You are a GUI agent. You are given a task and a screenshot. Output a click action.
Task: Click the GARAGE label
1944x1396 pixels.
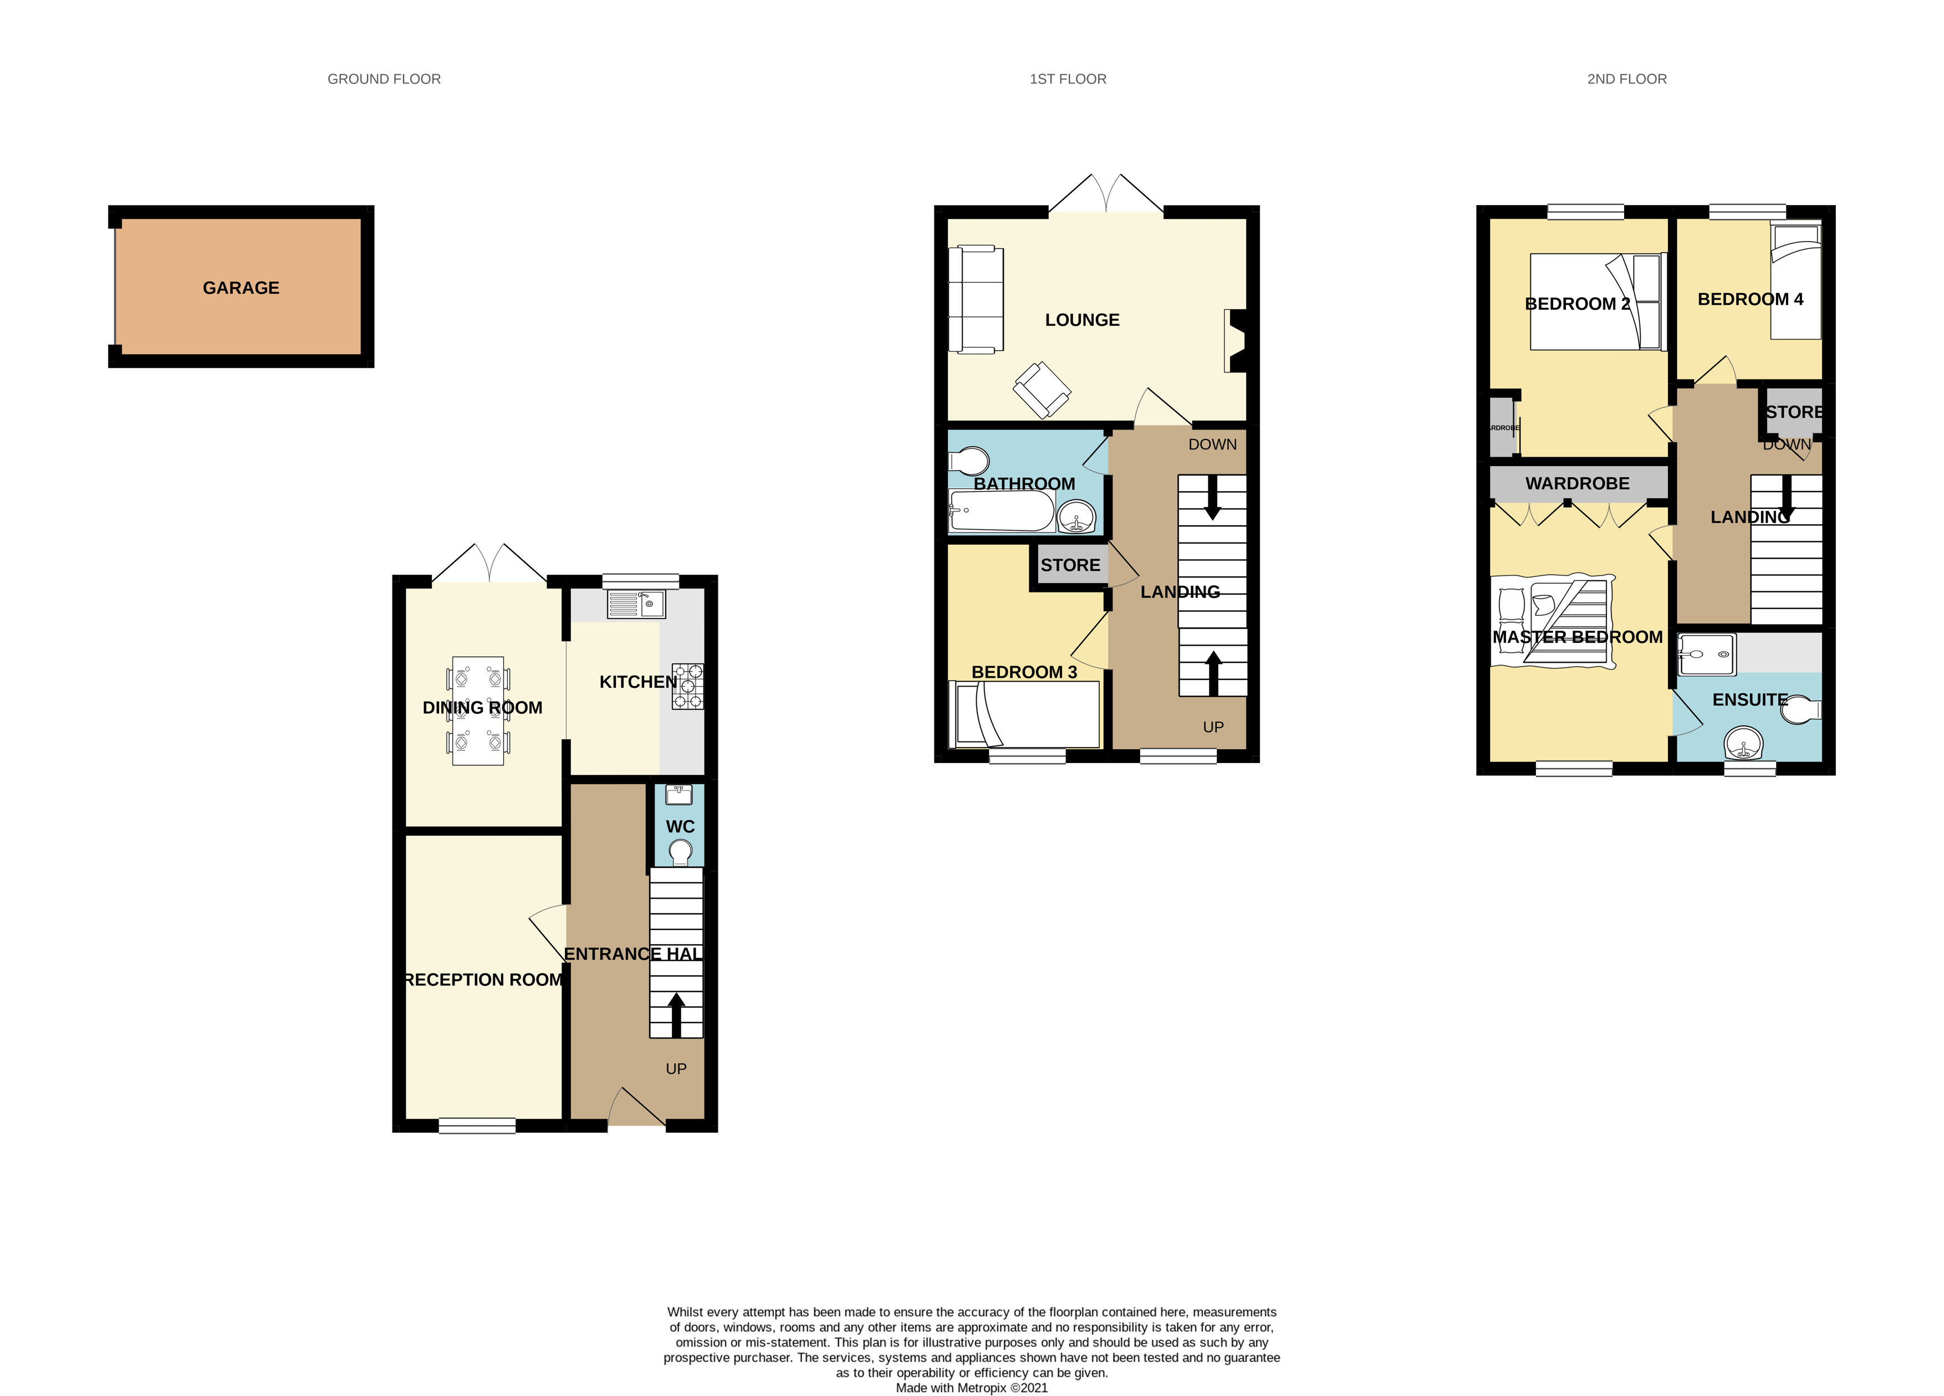click(x=241, y=288)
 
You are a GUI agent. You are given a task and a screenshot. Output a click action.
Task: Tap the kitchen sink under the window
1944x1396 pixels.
click(x=636, y=604)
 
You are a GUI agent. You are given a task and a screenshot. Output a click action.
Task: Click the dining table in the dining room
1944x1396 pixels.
click(x=477, y=710)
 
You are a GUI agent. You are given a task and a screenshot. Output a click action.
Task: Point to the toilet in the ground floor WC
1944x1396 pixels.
click(x=680, y=852)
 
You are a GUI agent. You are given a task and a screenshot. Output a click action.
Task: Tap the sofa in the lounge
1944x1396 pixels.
click(x=976, y=299)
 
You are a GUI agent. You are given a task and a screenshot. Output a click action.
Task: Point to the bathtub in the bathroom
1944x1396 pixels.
click(x=1001, y=511)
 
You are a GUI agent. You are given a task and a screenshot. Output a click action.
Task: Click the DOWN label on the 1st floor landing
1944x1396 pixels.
click(x=1212, y=444)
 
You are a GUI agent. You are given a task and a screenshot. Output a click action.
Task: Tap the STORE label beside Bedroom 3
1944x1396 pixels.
click(x=1070, y=565)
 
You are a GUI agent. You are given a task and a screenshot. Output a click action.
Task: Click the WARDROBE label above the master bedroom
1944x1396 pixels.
click(x=1577, y=483)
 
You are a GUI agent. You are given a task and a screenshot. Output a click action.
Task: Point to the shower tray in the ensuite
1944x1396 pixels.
click(x=1706, y=654)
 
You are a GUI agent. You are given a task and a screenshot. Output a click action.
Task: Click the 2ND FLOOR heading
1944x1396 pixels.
click(x=1626, y=79)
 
